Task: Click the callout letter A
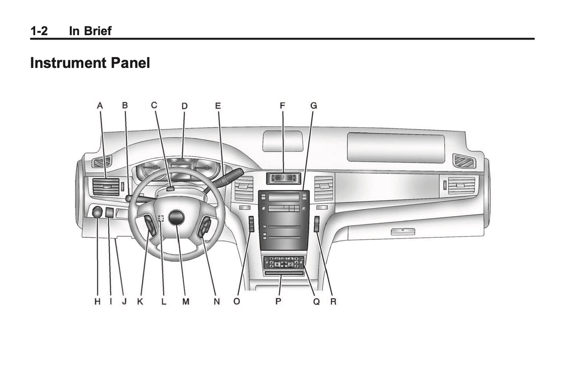point(100,106)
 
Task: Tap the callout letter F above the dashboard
point(282,106)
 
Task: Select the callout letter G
point(313,106)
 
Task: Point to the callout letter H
point(97,302)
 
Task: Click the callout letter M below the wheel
point(186,302)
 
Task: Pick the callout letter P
point(278,302)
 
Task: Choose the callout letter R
point(333,302)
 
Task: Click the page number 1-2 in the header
point(39,31)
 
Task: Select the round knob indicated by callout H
point(97,212)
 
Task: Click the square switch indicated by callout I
point(110,212)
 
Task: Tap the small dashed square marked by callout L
point(161,218)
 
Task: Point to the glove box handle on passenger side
point(403,231)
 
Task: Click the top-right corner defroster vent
point(464,161)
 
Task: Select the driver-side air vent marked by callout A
point(106,187)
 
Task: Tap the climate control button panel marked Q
point(284,262)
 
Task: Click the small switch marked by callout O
point(251,224)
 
